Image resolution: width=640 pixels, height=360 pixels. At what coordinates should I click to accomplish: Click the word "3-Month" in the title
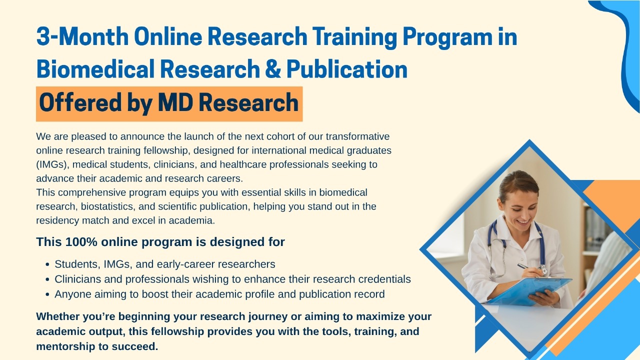pyautogui.click(x=82, y=36)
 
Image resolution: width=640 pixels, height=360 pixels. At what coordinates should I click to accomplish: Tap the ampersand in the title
pyautogui.click(x=273, y=69)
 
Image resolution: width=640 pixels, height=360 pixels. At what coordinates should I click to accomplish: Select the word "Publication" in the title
pyautogui.click(x=347, y=69)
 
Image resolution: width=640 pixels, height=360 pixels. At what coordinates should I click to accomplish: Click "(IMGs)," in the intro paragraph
pyautogui.click(x=52, y=165)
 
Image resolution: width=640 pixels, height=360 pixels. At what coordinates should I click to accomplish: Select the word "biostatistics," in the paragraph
pyautogui.click(x=108, y=206)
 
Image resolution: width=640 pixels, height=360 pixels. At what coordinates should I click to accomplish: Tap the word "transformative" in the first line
pyautogui.click(x=357, y=136)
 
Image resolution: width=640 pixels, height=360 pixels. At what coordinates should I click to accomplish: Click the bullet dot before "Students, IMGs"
pyautogui.click(x=47, y=264)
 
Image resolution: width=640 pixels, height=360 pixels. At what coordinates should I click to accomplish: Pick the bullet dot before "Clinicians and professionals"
pyautogui.click(x=47, y=279)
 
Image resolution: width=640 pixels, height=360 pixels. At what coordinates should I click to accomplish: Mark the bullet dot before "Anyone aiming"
pyautogui.click(x=47, y=294)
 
